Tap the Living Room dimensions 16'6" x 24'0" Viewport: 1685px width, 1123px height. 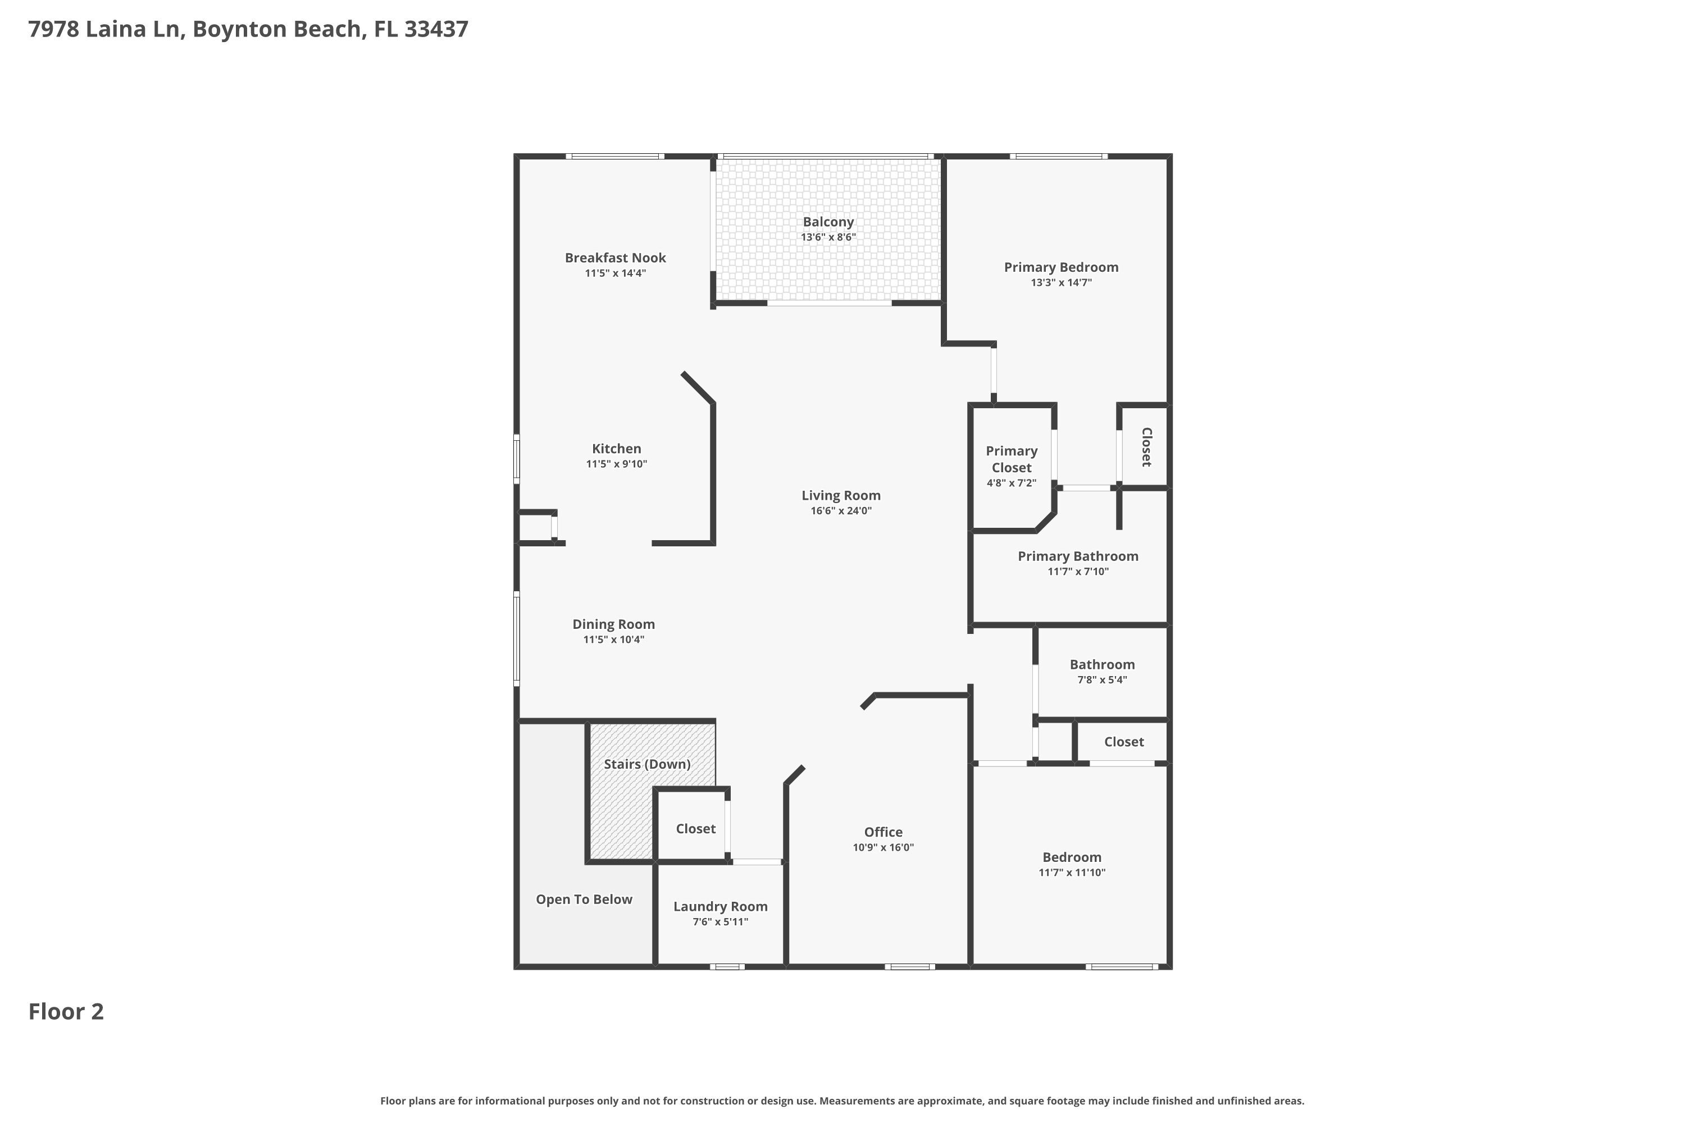[x=841, y=510]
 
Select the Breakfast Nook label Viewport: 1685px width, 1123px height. [x=616, y=258]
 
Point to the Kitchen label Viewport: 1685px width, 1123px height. [x=616, y=449]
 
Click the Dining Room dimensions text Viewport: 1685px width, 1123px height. [x=614, y=640]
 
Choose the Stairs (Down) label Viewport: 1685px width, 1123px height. [x=647, y=764]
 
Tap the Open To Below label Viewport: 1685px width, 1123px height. [x=584, y=900]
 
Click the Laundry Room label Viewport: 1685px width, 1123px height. [x=721, y=907]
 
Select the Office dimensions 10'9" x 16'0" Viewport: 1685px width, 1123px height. [x=884, y=847]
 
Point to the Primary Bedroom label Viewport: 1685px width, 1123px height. [x=1061, y=267]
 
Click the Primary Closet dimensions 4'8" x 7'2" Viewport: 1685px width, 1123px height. [x=1012, y=483]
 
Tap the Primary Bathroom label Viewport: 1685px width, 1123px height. [x=1078, y=556]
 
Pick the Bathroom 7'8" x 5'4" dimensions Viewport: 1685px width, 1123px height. [x=1102, y=679]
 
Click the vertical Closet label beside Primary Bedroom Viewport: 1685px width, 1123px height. [x=1146, y=447]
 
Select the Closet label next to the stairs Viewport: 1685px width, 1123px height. [x=696, y=829]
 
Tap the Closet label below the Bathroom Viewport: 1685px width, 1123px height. [x=1124, y=742]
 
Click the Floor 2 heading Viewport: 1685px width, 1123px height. [x=66, y=1011]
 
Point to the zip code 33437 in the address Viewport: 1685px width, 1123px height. [x=436, y=29]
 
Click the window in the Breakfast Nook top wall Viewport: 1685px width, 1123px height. [x=614, y=156]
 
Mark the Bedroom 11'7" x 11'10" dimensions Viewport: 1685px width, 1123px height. [x=1072, y=873]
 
